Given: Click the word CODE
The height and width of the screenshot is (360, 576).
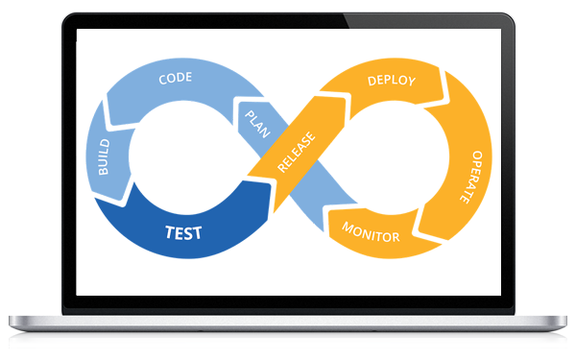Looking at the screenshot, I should [176, 78].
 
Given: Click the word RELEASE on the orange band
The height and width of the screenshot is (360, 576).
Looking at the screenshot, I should [295, 153].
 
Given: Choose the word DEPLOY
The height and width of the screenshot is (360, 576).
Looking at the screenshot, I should [392, 81].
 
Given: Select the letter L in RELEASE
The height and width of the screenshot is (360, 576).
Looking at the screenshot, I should [290, 157].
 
